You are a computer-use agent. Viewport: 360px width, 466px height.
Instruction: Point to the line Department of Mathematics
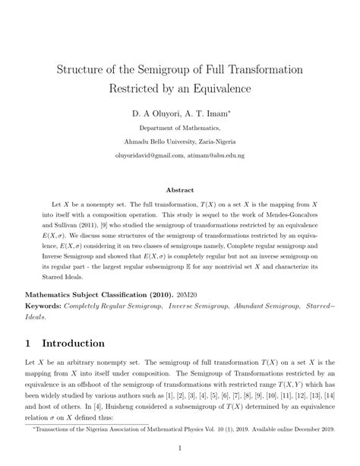180,128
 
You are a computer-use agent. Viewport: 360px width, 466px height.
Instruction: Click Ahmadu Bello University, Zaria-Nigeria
180,141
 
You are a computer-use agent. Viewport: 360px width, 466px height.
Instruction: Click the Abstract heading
180,190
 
